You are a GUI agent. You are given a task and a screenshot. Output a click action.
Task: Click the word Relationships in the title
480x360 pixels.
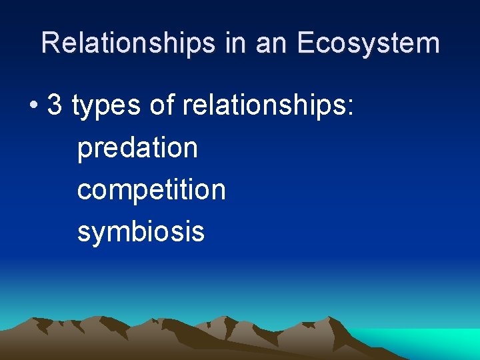[127, 43]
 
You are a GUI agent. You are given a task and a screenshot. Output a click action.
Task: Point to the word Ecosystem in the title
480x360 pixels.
[368, 43]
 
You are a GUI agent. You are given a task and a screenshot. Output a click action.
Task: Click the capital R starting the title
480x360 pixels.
[49, 43]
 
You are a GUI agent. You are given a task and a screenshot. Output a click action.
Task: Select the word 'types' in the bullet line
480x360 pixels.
[106, 107]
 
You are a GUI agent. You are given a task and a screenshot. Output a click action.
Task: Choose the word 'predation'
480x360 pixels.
[137, 148]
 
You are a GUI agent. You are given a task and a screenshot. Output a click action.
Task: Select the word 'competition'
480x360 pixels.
[151, 190]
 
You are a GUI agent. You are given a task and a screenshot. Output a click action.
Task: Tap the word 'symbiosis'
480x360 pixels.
[141, 232]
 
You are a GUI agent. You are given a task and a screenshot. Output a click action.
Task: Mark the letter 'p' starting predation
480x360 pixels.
[84, 151]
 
